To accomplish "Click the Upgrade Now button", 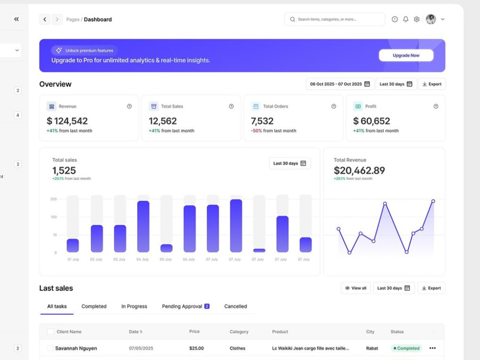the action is pyautogui.click(x=406, y=55).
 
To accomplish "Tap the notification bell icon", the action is pyautogui.click(x=406, y=19).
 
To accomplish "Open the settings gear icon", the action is pyautogui.click(x=417, y=19).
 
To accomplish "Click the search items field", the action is pyautogui.click(x=335, y=19).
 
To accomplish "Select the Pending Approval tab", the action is pyautogui.click(x=185, y=306).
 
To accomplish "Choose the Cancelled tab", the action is pyautogui.click(x=235, y=306).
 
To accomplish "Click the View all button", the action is pyautogui.click(x=356, y=288).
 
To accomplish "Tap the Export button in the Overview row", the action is pyautogui.click(x=432, y=84).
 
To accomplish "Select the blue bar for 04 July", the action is pyautogui.click(x=143, y=227).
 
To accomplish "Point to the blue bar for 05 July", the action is pyautogui.click(x=167, y=248).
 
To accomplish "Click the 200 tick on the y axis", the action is pyautogui.click(x=54, y=199).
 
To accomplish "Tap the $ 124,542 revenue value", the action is pyautogui.click(x=67, y=121).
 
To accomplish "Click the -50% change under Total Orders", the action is pyautogui.click(x=256, y=131).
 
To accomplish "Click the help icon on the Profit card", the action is pyautogui.click(x=436, y=106).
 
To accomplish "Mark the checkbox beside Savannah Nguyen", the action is pyautogui.click(x=50, y=348).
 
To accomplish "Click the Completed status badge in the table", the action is pyautogui.click(x=406, y=348).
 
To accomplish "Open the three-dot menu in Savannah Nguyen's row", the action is pyautogui.click(x=432, y=348).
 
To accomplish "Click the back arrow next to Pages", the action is pyautogui.click(x=45, y=19).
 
